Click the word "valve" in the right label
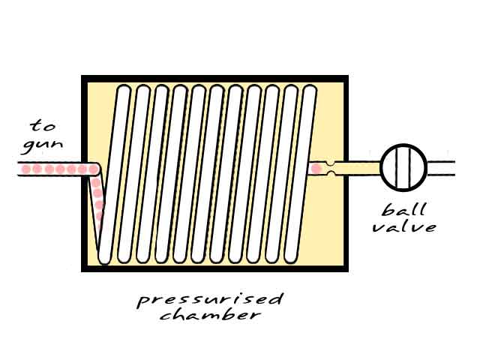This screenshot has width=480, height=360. coord(405,226)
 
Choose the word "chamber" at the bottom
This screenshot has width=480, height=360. coord(209,316)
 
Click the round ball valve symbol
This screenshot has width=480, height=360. coord(403,167)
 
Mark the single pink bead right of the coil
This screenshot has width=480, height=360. coord(316,169)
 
